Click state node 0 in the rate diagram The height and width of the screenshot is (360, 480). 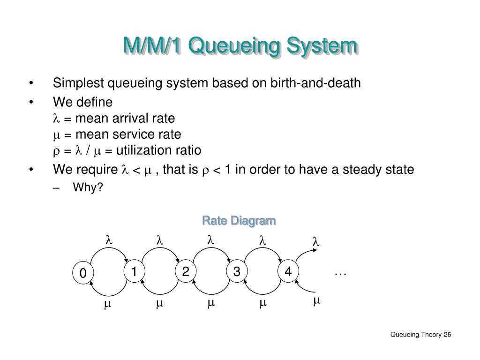coord(83,273)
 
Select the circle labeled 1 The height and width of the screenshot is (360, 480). coord(134,272)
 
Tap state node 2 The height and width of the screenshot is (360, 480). coord(186,272)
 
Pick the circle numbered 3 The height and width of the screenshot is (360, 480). coord(237,272)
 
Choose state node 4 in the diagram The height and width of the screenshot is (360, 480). coord(288,272)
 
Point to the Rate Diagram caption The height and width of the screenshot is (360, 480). coord(239,220)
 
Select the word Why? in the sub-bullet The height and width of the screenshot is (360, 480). coord(88,187)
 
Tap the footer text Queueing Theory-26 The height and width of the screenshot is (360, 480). coord(420,334)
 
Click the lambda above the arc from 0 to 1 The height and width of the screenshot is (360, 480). coord(108,240)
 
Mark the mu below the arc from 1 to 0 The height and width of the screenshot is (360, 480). coord(107,304)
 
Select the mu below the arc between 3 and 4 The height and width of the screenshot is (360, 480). coord(263,304)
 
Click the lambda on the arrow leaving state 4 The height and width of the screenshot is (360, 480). coord(315,242)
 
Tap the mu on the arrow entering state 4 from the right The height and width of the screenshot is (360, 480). coord(316,300)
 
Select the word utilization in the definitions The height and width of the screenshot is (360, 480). coord(139,150)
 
